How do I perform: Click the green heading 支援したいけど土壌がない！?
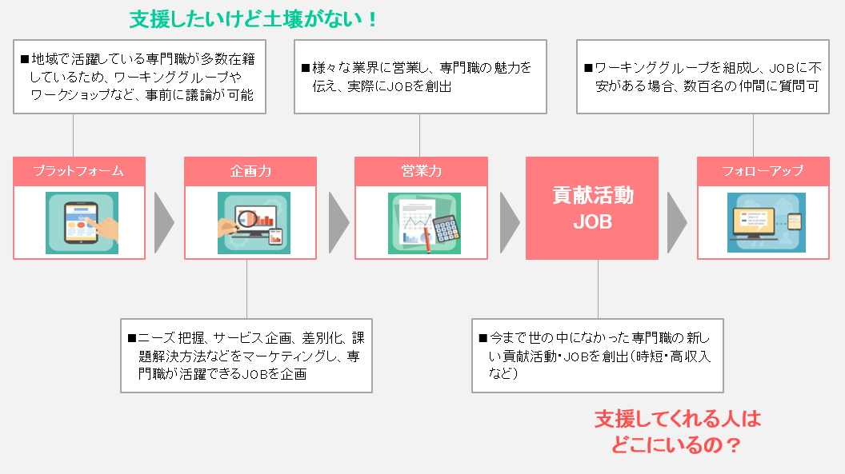[x=253, y=19]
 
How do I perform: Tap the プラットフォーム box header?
[x=79, y=171]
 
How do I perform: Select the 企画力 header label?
[x=250, y=171]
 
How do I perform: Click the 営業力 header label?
[x=422, y=171]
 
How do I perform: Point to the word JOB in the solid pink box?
[x=592, y=221]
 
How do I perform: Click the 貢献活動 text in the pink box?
[x=593, y=195]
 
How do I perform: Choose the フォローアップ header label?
[x=763, y=171]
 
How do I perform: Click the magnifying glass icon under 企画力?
[x=247, y=218]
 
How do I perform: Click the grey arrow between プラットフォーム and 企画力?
[x=164, y=222]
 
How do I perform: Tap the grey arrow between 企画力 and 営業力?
[x=339, y=222]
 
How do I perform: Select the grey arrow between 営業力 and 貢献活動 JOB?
[x=510, y=222]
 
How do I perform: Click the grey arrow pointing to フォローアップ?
[x=677, y=222]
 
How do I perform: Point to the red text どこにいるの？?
[x=676, y=445]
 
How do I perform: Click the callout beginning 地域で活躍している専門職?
[x=139, y=77]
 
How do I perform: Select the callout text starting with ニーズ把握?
[x=246, y=356]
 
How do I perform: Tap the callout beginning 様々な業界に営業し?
[x=420, y=77]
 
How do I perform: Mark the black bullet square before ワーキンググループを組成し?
[x=588, y=68]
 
